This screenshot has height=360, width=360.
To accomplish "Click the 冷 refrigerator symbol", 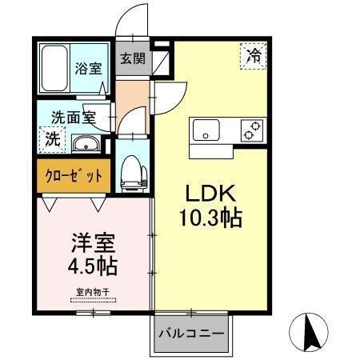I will pos(253,55).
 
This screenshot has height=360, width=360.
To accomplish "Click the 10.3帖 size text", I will pos(211,217).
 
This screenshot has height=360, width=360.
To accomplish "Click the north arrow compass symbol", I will pos(312,330).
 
